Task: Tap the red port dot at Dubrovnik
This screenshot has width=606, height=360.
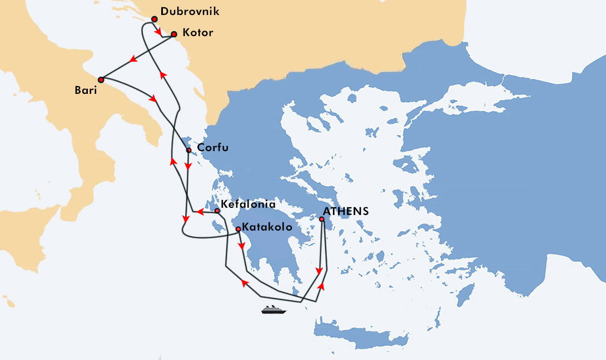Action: coord(155,19)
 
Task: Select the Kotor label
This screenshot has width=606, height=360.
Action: coord(197,33)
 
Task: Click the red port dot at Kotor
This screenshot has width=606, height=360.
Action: coord(173,34)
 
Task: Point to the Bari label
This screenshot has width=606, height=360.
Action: coord(86,90)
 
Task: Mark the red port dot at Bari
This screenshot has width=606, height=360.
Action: coord(101,79)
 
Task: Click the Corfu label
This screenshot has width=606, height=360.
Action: coord(213,148)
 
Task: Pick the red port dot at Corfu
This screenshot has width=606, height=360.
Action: coord(189,150)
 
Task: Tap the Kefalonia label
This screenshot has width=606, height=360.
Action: coord(248,204)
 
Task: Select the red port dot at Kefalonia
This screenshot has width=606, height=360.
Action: coord(217,211)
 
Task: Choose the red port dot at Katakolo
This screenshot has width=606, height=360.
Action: coord(238,229)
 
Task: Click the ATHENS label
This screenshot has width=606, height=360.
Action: coord(345,211)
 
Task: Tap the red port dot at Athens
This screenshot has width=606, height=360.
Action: coord(321,219)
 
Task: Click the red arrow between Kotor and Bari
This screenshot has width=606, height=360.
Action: coord(133,59)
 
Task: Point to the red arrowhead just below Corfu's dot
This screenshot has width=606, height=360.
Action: coord(188,166)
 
